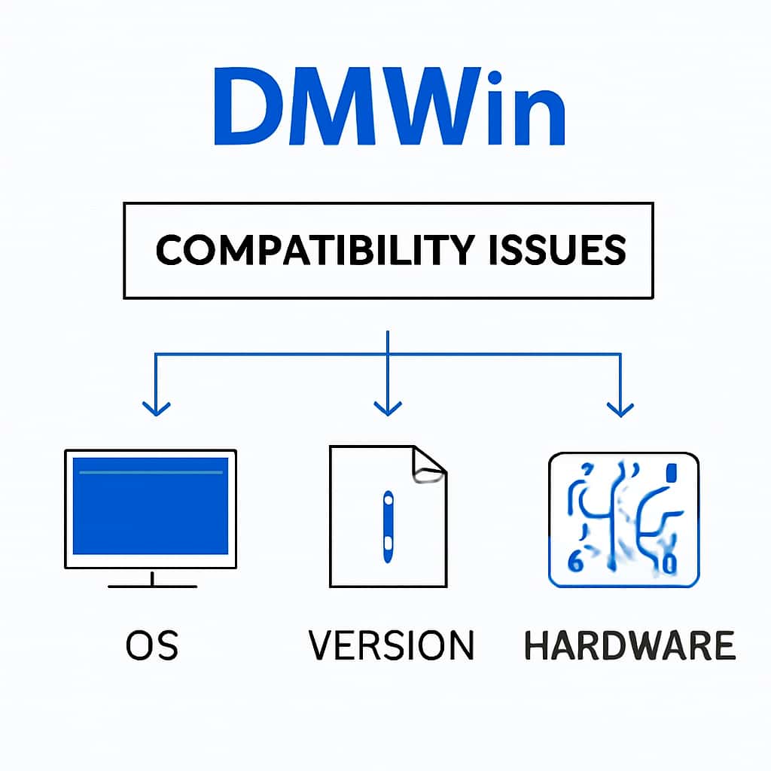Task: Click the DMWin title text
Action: (x=389, y=108)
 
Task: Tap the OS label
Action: (x=153, y=646)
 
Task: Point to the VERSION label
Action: (x=392, y=646)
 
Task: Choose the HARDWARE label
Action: (x=629, y=646)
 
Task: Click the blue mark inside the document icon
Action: (x=388, y=526)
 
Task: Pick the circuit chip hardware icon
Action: (x=623, y=520)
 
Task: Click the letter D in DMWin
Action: (x=251, y=108)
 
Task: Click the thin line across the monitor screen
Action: (x=151, y=473)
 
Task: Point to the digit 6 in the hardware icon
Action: (x=574, y=560)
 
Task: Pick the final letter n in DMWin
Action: (x=538, y=117)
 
